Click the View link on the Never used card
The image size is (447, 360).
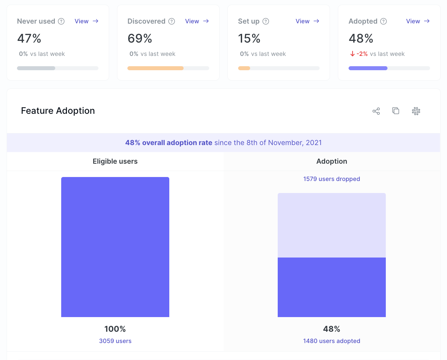tap(86, 21)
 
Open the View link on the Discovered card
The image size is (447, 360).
tap(197, 21)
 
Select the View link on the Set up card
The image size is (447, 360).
tap(307, 21)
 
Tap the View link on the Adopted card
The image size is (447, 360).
tap(417, 21)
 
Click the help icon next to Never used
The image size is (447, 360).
tap(61, 21)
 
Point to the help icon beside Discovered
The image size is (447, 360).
tap(172, 21)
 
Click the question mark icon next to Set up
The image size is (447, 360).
tap(266, 21)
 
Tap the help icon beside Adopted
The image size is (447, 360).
tap(383, 21)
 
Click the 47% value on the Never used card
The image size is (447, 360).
tap(29, 39)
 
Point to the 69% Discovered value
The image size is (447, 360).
tap(140, 39)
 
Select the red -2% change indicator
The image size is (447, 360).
tap(359, 54)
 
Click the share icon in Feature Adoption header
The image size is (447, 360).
tap(376, 111)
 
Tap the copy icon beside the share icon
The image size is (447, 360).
tap(396, 111)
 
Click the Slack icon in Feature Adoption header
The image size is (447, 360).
tap(416, 111)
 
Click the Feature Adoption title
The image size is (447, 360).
tap(58, 111)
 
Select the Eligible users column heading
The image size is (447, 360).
tap(115, 161)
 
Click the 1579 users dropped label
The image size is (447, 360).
tap(332, 179)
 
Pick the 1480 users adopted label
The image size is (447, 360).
tap(332, 341)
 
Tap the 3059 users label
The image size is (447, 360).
tap(115, 341)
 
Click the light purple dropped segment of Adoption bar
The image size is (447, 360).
tap(332, 225)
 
